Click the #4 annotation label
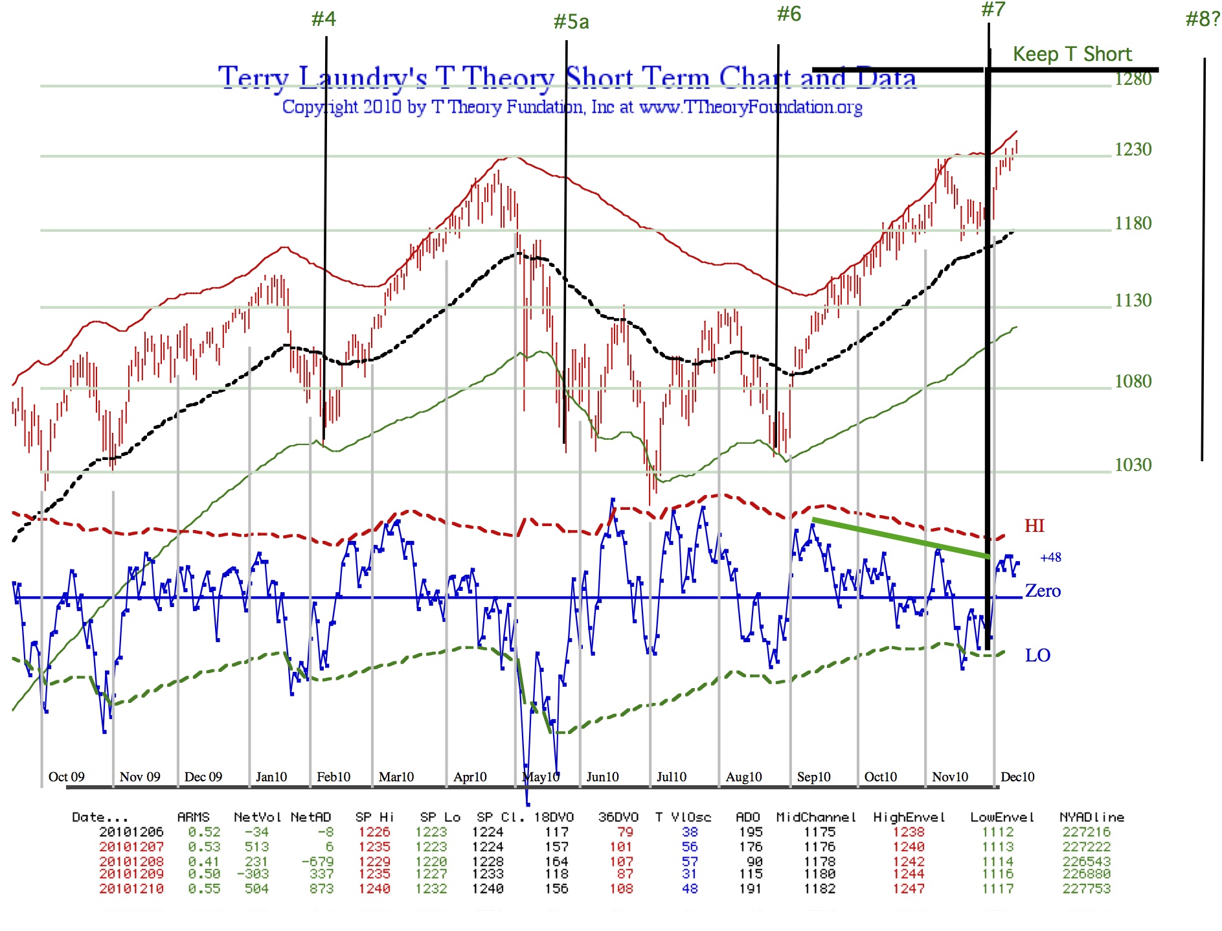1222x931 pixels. click(x=323, y=19)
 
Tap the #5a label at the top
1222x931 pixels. click(x=571, y=22)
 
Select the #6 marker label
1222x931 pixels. click(x=789, y=14)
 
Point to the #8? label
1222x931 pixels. click(x=1203, y=19)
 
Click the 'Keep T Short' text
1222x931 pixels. click(x=1072, y=54)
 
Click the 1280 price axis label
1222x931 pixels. click(x=1133, y=79)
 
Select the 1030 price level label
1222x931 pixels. click(x=1133, y=465)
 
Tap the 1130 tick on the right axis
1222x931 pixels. click(x=1133, y=300)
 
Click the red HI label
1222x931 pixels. click(x=1034, y=525)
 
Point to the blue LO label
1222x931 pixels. click(x=1037, y=655)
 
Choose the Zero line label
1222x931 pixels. click(x=1043, y=591)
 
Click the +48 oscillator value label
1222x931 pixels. click(x=1050, y=557)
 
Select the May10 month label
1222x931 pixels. click(x=541, y=777)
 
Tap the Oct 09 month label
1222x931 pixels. click(x=66, y=777)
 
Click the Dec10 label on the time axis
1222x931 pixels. click(x=1017, y=777)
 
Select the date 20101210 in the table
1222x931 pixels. click(x=131, y=889)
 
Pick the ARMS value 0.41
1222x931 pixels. click(x=204, y=862)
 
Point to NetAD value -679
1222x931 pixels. click(x=317, y=862)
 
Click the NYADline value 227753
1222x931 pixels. click(x=1086, y=889)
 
